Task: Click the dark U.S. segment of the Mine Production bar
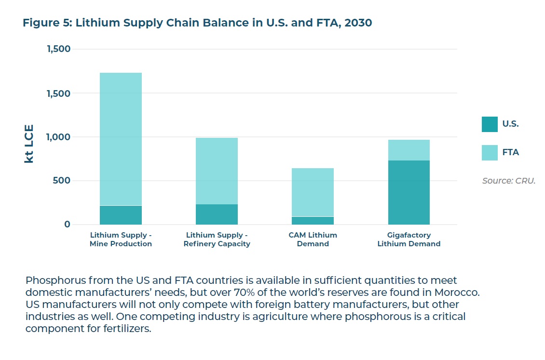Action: click(121, 215)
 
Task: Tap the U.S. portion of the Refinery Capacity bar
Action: click(217, 214)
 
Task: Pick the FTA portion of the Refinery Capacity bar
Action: click(217, 171)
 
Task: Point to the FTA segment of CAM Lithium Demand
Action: click(313, 192)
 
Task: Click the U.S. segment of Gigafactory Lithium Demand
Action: click(409, 192)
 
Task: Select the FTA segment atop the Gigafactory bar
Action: click(409, 150)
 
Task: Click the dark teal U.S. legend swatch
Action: click(490, 124)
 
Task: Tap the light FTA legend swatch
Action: click(490, 153)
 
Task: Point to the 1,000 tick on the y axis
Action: click(58, 137)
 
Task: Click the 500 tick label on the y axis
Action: click(61, 181)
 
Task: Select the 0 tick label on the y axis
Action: click(67, 225)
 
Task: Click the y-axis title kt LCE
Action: click(29, 144)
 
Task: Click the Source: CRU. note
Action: click(509, 181)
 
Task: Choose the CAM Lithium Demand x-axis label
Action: click(313, 240)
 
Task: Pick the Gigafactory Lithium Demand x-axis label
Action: click(409, 240)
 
